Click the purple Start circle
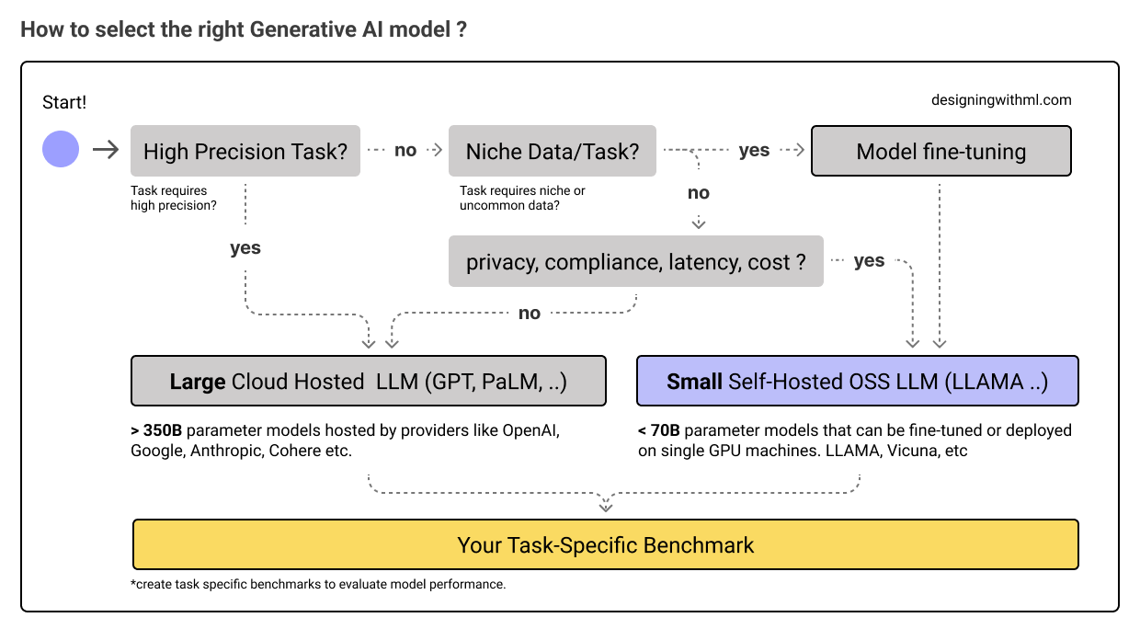point(61,150)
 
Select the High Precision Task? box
point(245,151)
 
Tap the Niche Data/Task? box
point(553,151)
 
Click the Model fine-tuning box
point(940,151)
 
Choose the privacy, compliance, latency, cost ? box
point(636,262)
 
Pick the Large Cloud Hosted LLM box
point(369,381)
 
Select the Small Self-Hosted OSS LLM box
point(857,381)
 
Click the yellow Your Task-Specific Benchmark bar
point(605,545)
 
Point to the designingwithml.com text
point(1001,100)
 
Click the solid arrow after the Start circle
point(107,150)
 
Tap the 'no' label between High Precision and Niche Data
point(405,150)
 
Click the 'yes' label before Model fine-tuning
point(754,150)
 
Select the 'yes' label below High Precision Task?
point(245,247)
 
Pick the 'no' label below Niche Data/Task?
point(699,192)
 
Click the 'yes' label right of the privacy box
point(869,261)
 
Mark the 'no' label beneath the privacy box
point(530,314)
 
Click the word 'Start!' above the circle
point(64,103)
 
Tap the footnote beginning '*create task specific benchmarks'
point(318,584)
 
